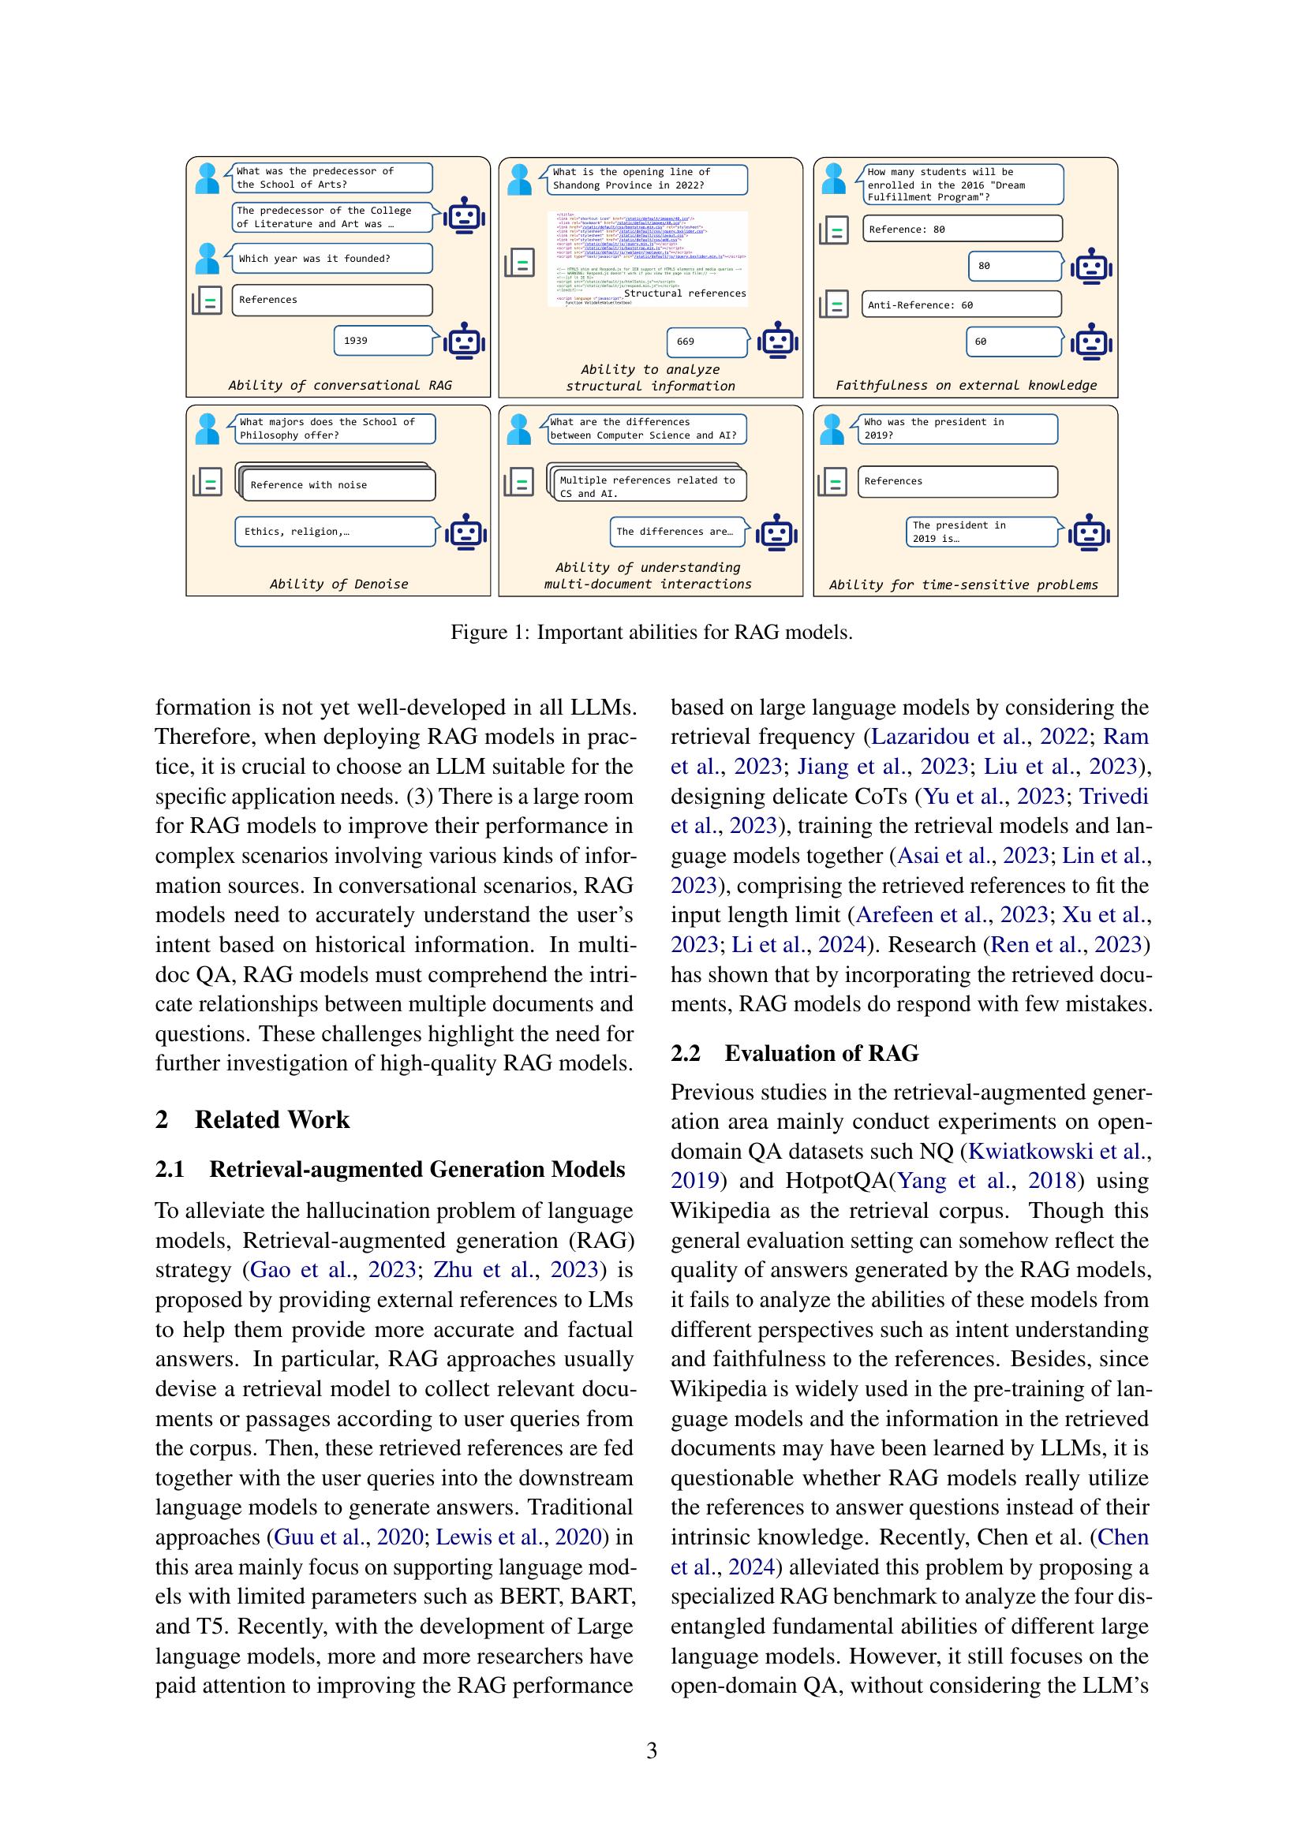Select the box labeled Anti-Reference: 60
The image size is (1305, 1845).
[961, 304]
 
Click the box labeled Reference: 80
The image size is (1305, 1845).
[961, 229]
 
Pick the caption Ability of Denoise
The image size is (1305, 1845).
[338, 584]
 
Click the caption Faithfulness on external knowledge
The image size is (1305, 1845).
[965, 385]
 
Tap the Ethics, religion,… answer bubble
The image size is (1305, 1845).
[336, 531]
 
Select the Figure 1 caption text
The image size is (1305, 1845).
[651, 633]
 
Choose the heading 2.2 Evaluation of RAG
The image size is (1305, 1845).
[794, 1053]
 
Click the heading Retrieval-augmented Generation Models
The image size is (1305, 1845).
[417, 1169]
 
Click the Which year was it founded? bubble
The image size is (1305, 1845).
[331, 259]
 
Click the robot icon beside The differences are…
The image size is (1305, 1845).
[777, 532]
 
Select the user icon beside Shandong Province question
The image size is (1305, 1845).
[520, 179]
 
